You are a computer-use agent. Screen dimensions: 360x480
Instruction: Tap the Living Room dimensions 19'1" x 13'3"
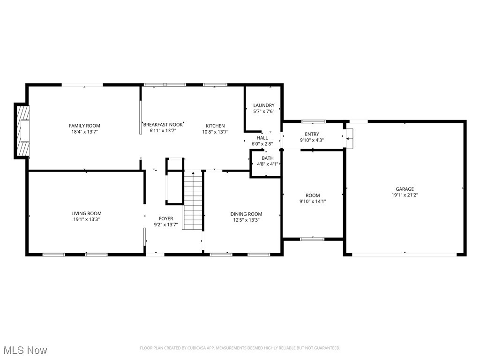pyautogui.click(x=86, y=219)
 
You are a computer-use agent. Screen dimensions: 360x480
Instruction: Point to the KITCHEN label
pyautogui.click(x=215, y=126)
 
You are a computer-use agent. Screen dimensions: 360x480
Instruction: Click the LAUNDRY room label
pyautogui.click(x=263, y=105)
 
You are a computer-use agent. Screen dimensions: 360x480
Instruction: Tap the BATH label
pyautogui.click(x=267, y=158)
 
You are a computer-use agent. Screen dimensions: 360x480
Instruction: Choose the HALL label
pyautogui.click(x=262, y=138)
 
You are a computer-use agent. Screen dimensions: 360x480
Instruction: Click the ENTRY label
pyautogui.click(x=312, y=134)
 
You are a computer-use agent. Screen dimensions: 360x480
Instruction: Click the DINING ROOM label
pyautogui.click(x=246, y=214)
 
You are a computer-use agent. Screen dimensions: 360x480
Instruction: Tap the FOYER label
pyautogui.click(x=166, y=218)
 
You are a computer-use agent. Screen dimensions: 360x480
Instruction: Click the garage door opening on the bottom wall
pyautogui.click(x=404, y=255)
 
